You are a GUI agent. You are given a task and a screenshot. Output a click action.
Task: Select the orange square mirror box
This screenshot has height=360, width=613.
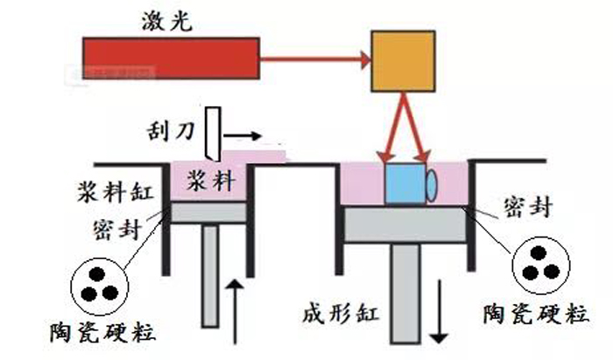point(403,61)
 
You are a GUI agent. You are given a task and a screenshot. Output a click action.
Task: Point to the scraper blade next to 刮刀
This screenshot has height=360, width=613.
point(213,131)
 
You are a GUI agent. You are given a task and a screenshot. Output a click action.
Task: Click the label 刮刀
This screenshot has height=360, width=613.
point(173,134)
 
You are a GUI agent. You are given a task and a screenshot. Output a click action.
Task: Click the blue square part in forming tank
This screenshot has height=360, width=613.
point(405,183)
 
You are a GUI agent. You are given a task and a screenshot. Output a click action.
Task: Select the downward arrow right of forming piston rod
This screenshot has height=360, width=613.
point(439,324)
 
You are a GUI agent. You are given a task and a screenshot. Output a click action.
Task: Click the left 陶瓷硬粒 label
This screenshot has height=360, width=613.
point(87,334)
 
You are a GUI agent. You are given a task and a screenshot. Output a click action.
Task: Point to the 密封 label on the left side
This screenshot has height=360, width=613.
point(114,229)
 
